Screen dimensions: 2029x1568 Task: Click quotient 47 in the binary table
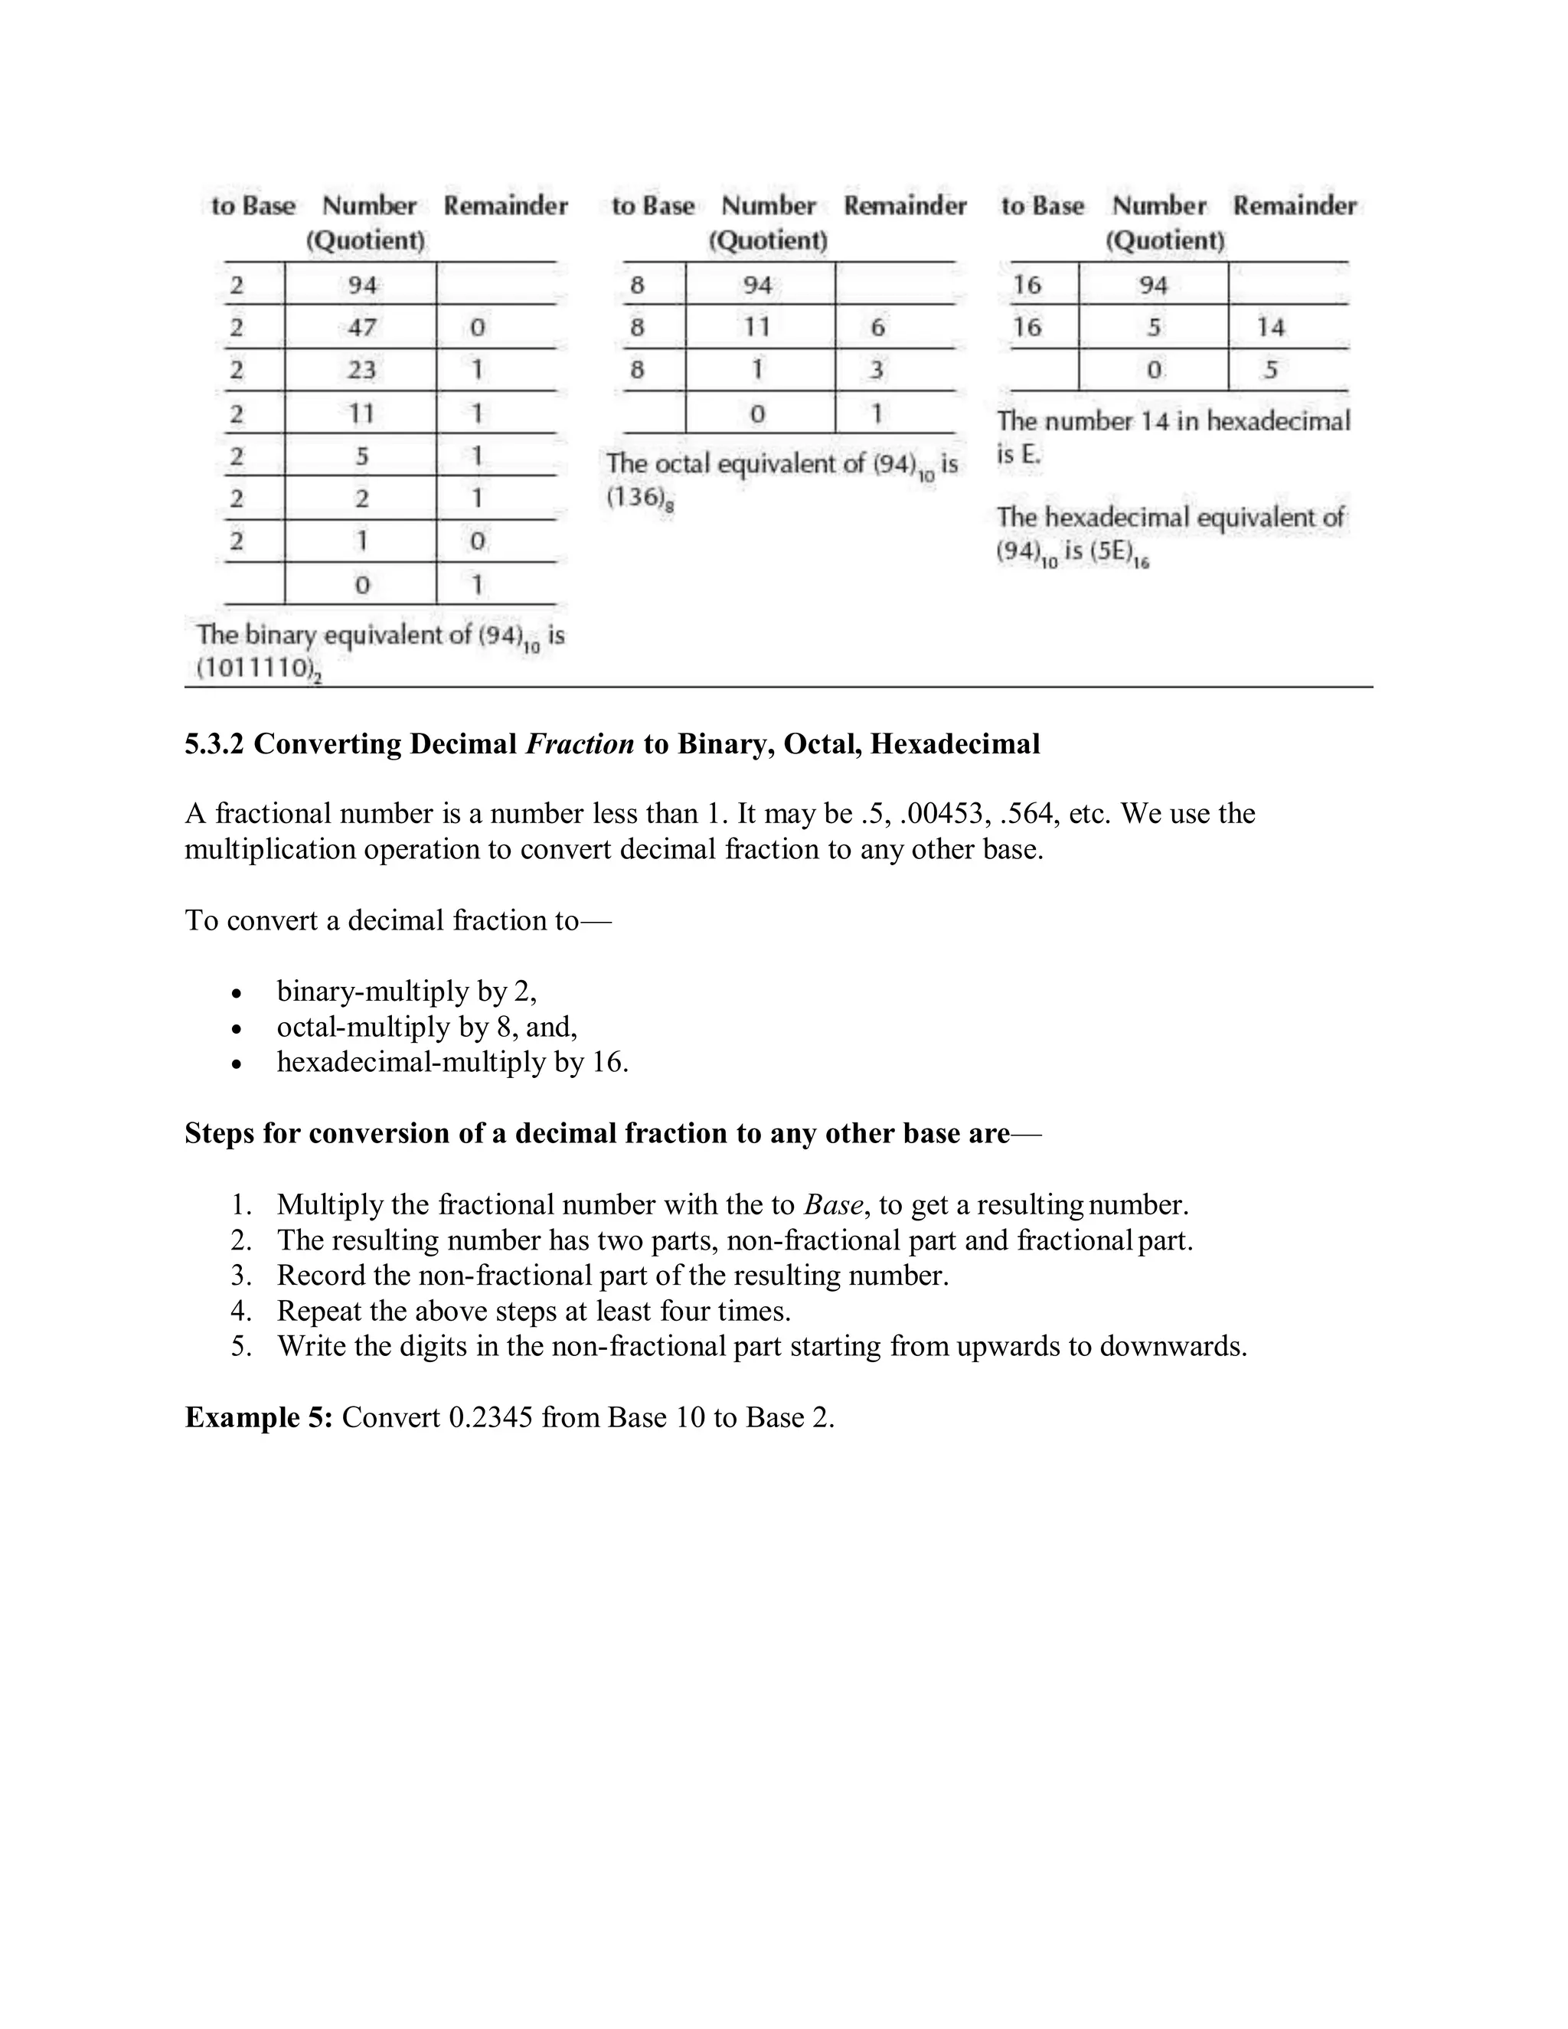point(361,327)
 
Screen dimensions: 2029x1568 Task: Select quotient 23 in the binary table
point(361,370)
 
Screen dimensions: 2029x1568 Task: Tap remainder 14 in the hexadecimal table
point(1270,327)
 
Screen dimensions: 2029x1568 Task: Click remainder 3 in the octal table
point(876,370)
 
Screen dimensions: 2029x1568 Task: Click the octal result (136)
point(637,498)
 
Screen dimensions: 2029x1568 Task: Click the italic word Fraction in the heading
point(580,744)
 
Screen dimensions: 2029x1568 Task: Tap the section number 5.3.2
point(214,744)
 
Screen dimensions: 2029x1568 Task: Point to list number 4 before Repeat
point(240,1311)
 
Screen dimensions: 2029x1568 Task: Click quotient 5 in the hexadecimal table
point(1153,327)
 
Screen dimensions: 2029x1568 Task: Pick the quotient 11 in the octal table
point(757,327)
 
